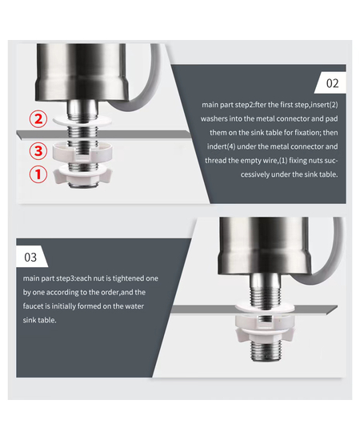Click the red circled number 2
coord(38,119)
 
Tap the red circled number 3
coord(38,151)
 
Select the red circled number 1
coord(38,174)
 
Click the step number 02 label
coord(332,83)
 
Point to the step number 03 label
coord(30,257)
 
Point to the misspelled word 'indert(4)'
coord(221,146)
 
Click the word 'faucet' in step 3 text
coord(33,306)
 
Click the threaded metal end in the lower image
coord(265,350)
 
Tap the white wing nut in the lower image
coord(264,334)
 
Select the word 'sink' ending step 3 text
coord(30,320)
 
